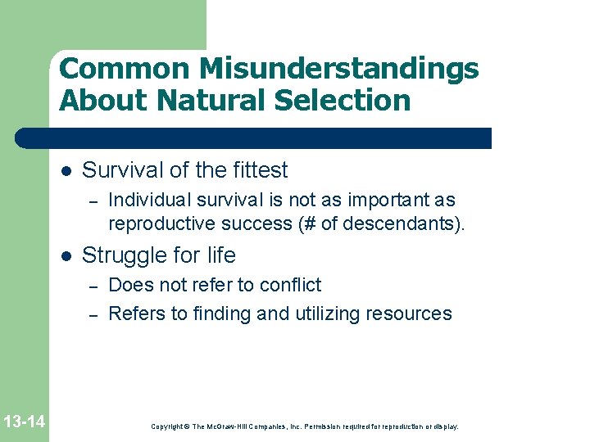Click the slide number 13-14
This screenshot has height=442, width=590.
coord(24,422)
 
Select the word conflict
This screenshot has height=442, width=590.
coord(290,285)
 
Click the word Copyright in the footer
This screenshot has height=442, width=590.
coord(167,426)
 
